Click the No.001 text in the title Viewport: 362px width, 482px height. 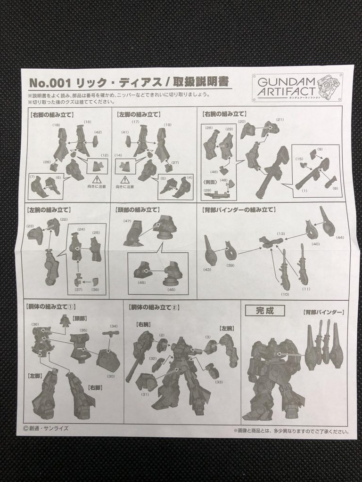49,83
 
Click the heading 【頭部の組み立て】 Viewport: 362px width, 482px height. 137,209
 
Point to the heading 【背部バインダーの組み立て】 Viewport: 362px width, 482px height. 239,209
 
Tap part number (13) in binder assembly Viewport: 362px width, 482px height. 281,233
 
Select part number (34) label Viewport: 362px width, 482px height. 114,326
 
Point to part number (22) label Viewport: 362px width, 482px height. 63,220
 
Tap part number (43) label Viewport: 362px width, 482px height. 208,269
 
